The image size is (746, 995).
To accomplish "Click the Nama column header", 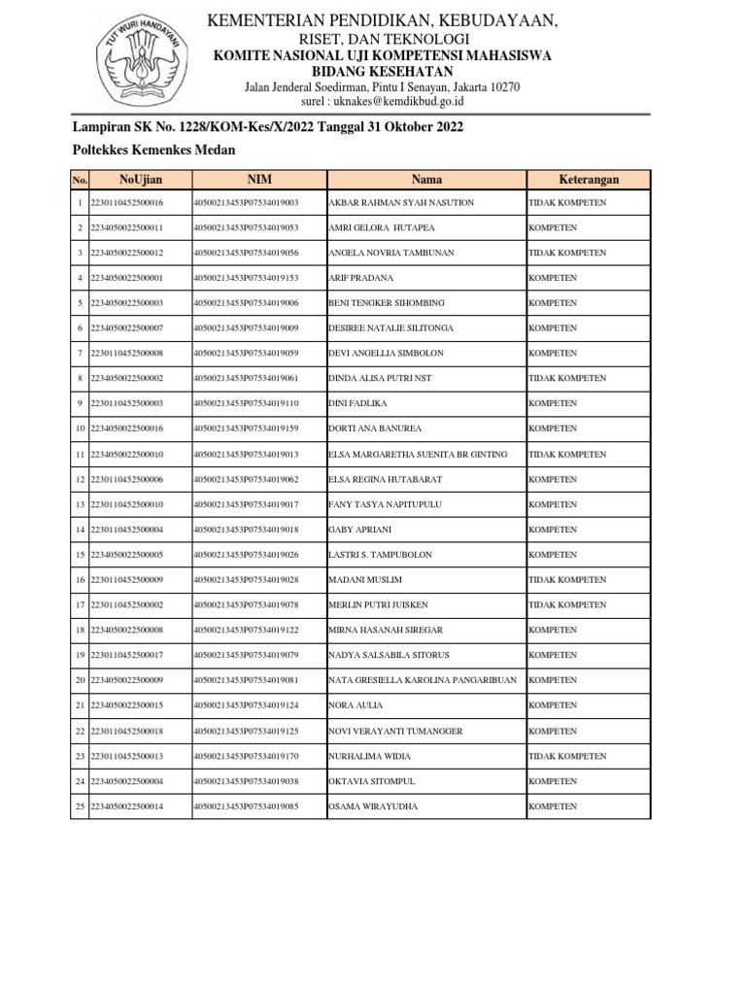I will click(x=426, y=180).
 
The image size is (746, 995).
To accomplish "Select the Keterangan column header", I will click(x=589, y=180).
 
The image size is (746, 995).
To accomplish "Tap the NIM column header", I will click(x=258, y=180).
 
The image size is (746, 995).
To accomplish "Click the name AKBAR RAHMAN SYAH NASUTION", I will click(x=401, y=203).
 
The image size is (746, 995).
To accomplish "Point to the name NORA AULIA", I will click(x=356, y=705).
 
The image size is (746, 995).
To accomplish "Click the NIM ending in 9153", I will click(x=246, y=278).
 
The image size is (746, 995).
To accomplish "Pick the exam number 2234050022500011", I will click(x=126, y=228).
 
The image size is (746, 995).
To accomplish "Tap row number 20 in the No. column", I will click(x=80, y=680).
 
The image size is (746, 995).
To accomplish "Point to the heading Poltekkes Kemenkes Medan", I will click(x=153, y=150).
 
